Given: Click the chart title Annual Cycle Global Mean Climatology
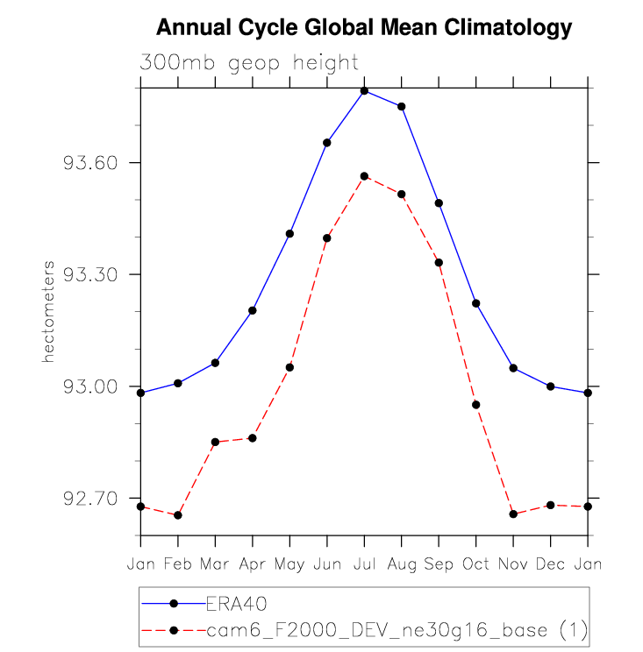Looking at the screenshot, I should [x=363, y=28].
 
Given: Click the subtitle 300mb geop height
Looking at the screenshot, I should [x=249, y=63].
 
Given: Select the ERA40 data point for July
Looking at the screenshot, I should [x=364, y=91].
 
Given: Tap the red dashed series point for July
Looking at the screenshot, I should [x=364, y=176].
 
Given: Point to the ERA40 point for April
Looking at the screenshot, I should [x=253, y=310].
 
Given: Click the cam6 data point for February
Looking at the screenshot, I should [x=178, y=515].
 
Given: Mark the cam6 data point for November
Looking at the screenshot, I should [x=513, y=514].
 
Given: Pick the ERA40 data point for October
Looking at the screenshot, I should [x=476, y=303].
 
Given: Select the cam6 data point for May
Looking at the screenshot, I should [x=289, y=367].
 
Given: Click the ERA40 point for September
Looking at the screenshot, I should [x=439, y=203].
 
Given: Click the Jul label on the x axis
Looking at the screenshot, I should [x=364, y=564].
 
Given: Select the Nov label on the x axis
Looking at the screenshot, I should [x=513, y=564].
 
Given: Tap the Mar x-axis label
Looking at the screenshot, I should [x=215, y=564].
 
